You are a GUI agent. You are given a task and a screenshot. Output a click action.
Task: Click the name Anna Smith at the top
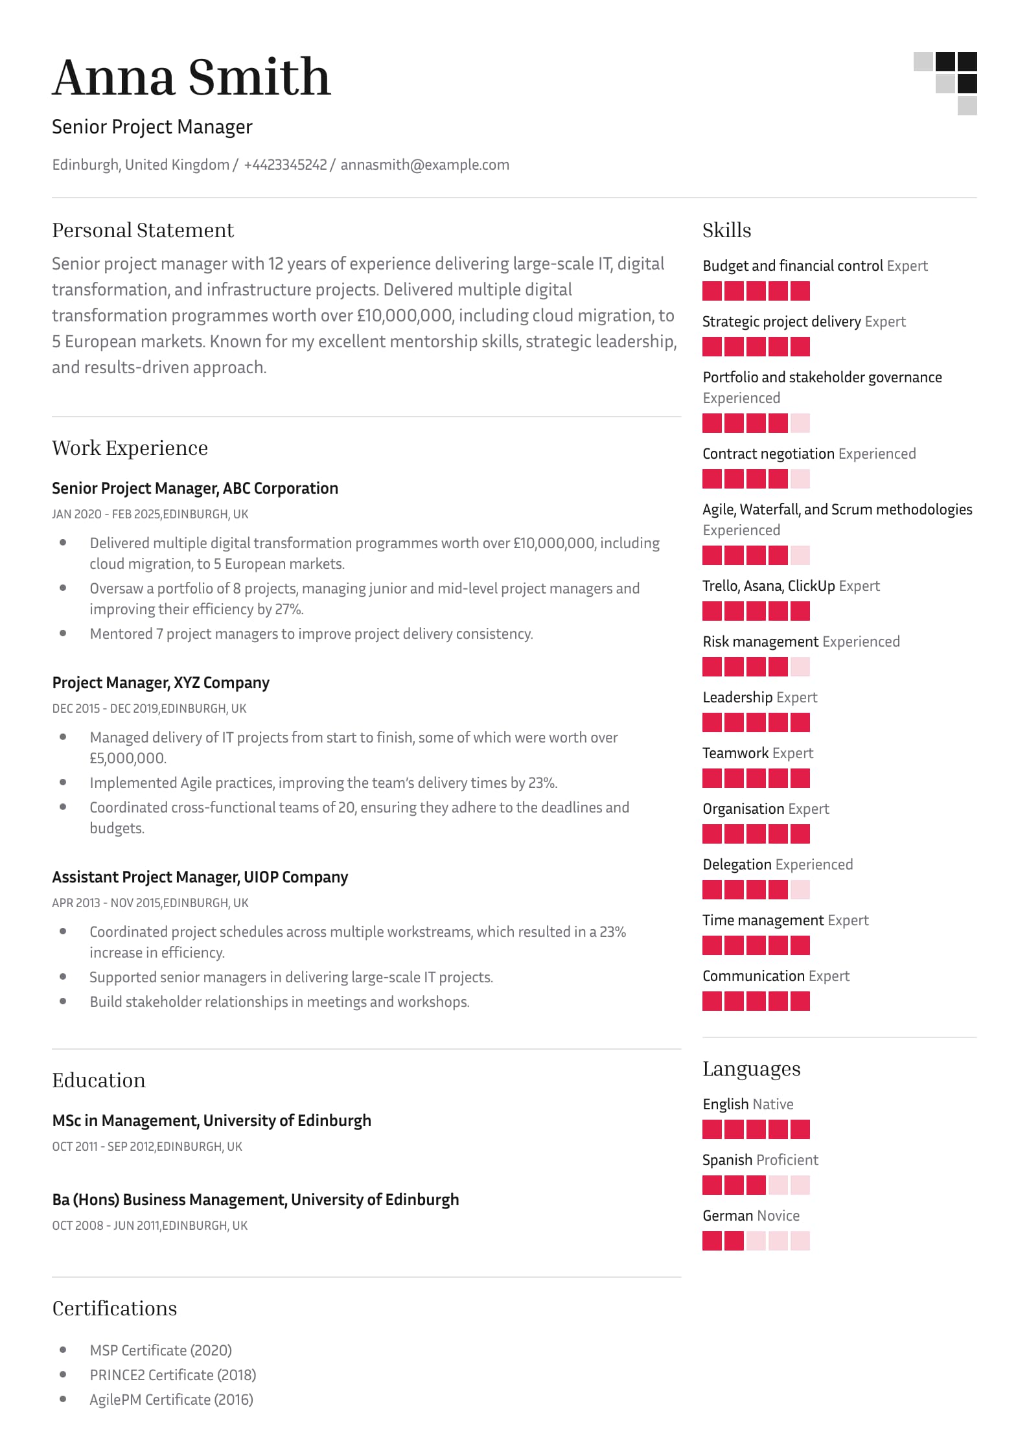coord(191,77)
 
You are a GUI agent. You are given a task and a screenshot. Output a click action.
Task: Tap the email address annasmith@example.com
coord(424,165)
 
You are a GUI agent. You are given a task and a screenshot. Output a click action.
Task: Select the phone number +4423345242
coord(285,165)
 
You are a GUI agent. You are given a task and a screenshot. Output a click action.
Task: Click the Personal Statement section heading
coord(143,231)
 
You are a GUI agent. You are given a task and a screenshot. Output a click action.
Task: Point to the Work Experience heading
coord(130,448)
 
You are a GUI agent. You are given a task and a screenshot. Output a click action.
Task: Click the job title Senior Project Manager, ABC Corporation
coord(194,489)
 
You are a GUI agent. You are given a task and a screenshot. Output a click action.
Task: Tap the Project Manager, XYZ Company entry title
coord(161,683)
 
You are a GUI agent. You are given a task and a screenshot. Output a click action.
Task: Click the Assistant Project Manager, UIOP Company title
coord(200,877)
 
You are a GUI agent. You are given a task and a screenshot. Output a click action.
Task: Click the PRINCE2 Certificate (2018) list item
coord(172,1375)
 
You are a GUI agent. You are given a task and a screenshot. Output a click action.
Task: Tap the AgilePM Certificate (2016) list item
coord(171,1400)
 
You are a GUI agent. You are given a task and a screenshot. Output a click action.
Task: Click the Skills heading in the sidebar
coord(726,231)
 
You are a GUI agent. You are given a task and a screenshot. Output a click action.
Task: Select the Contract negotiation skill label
coord(768,454)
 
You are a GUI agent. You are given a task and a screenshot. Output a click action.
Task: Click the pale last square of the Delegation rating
coord(800,890)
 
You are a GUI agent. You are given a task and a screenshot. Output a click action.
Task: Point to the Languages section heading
coord(751,1069)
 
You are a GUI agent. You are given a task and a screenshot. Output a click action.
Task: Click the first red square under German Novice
coord(712,1241)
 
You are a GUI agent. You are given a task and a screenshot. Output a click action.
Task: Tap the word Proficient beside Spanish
coord(787,1160)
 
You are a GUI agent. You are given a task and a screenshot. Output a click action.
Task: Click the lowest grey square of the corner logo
coord(967,106)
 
